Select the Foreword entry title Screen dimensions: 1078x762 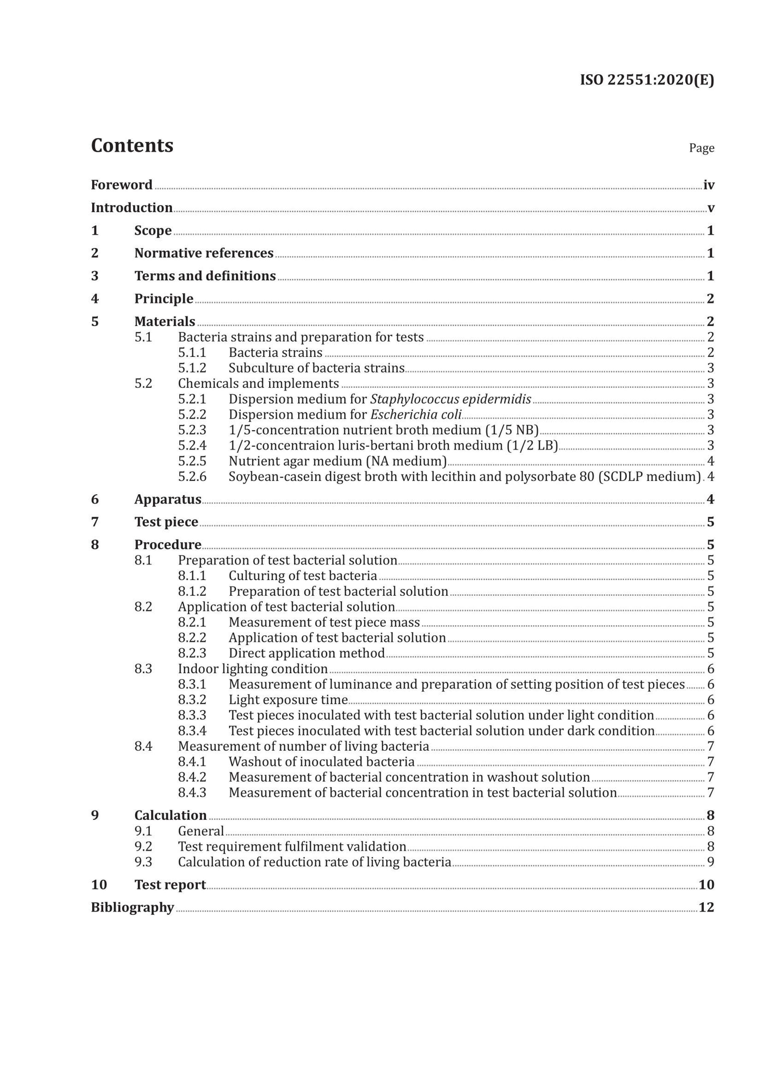122,185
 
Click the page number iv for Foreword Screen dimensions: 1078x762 709,185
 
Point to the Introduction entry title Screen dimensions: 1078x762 132,207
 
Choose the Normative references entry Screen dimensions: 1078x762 204,253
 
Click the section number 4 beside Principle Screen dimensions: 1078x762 95,298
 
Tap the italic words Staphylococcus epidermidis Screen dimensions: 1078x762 450,399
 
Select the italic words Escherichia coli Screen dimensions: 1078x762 416,415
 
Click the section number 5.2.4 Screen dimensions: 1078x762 192,446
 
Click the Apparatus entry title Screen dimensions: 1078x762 167,499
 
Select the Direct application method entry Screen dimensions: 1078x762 306,653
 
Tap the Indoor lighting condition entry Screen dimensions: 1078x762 253,669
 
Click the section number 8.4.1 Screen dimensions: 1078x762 192,762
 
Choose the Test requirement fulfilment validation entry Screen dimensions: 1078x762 292,847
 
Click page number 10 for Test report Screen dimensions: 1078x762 706,885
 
